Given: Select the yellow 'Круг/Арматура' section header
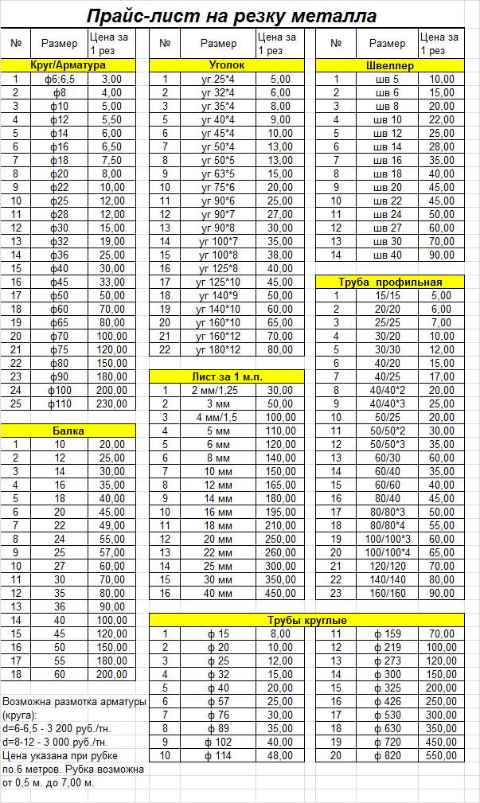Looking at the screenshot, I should pos(68,65).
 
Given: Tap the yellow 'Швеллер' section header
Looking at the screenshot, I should pos(389,65).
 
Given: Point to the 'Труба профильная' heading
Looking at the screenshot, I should pos(389,282).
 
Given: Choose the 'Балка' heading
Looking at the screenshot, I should pos(68,430).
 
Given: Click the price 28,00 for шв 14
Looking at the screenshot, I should pos(442,146).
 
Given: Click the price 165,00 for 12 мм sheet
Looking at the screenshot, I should pos(280,485).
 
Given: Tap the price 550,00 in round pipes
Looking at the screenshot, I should pos(442,755).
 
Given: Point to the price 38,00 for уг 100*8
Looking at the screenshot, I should pos(280,255).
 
